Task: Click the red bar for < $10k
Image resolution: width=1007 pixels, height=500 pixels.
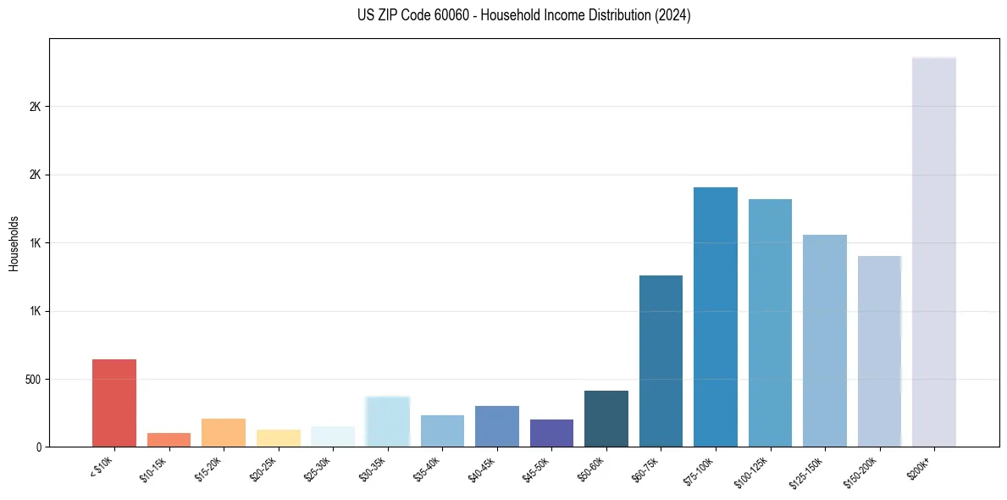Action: pyautogui.click(x=114, y=403)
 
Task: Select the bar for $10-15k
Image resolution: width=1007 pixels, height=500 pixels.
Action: pyautogui.click(x=169, y=440)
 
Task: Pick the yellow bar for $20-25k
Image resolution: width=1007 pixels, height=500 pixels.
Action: pyautogui.click(x=278, y=438)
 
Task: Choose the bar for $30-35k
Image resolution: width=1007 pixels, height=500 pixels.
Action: pyautogui.click(x=387, y=422)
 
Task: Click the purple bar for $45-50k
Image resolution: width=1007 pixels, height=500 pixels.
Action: pyautogui.click(x=551, y=433)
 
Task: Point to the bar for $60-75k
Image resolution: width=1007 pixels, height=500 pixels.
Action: pyautogui.click(x=661, y=361)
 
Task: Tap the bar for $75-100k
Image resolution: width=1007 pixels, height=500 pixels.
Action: pyautogui.click(x=715, y=317)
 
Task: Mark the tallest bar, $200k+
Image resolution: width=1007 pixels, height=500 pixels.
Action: pyautogui.click(x=933, y=253)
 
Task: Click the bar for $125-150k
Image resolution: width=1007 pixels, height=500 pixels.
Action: pyautogui.click(x=824, y=341)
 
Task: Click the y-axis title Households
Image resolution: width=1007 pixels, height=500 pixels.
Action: pyautogui.click(x=14, y=243)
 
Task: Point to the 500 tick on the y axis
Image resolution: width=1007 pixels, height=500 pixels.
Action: pyautogui.click(x=33, y=379)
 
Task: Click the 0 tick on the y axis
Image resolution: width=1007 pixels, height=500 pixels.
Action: pyautogui.click(x=39, y=447)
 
